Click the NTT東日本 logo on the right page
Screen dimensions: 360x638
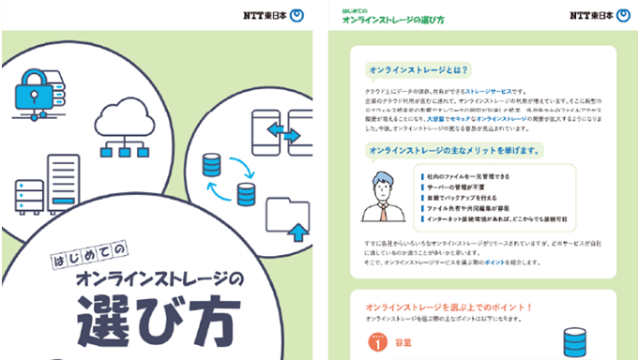pos(596,15)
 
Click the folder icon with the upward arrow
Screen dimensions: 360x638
pos(287,218)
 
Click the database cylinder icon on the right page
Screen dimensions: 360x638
pos(573,341)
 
